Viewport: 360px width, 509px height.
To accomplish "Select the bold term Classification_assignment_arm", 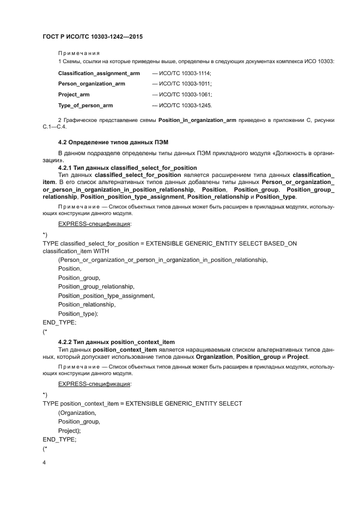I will click(99, 73).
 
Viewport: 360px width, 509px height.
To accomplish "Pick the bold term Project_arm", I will click(74, 94).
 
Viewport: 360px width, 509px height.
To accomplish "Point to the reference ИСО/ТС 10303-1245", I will click(185, 105).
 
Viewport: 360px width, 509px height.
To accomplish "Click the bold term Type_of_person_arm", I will click(86, 105).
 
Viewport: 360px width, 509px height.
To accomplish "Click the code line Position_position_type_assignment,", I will click(106, 296).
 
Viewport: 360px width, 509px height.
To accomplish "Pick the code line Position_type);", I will click(78, 314).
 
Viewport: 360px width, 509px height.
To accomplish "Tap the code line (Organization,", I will click(77, 412).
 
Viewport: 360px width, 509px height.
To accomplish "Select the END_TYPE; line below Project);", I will click(59, 439).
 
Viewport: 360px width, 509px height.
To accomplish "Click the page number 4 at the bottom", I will click(44, 463).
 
